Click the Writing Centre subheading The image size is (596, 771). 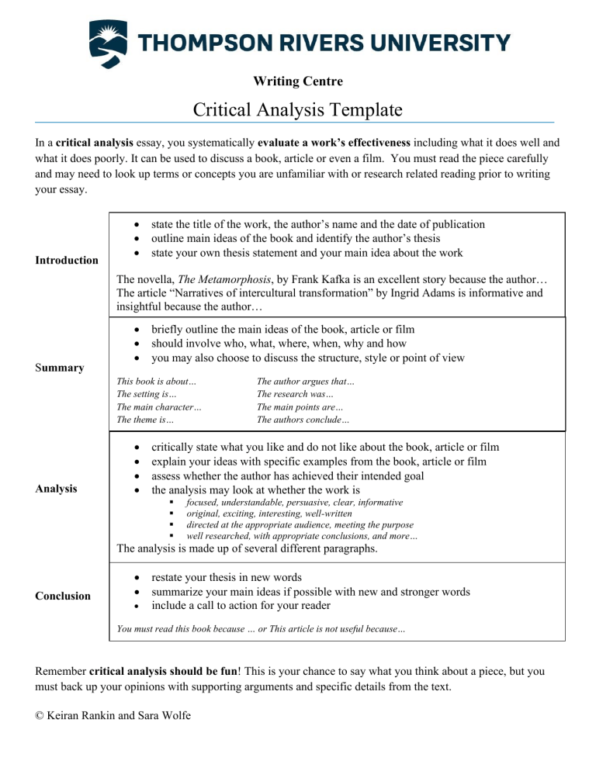coord(297,81)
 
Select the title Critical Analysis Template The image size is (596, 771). coord(297,110)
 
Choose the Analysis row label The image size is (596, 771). coord(59,489)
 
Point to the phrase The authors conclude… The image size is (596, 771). coord(303,420)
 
